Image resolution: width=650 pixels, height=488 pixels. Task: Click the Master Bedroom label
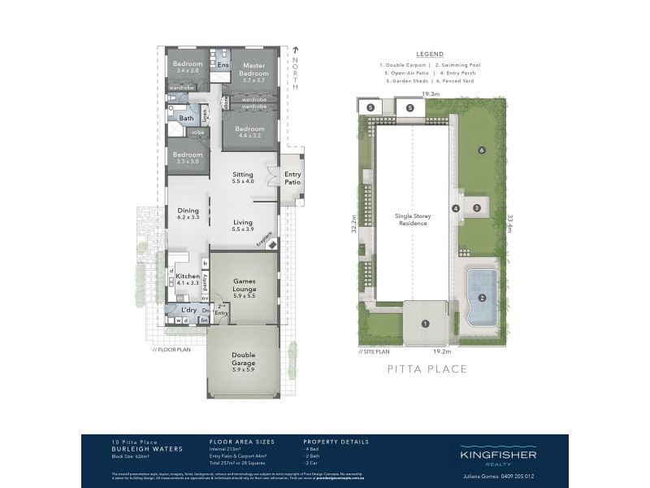253,69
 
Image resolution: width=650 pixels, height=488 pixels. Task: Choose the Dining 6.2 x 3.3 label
188,213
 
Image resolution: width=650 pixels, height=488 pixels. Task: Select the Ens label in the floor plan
223,64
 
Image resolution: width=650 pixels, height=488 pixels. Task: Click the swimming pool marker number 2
483,298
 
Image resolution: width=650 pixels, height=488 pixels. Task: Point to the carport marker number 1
424,324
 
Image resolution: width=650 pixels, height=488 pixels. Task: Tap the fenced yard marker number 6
482,150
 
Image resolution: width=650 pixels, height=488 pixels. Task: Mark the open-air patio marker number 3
477,208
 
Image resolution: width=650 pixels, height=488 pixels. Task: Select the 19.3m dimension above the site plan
431,94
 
